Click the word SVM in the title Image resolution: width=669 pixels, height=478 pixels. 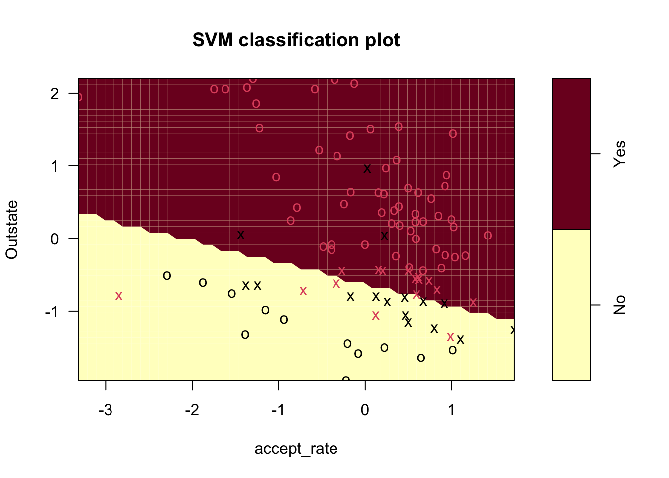click(213, 40)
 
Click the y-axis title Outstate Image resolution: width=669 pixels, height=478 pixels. click(12, 230)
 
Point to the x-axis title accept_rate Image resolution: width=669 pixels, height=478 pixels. click(296, 449)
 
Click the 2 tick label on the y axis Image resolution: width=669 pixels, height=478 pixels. click(55, 93)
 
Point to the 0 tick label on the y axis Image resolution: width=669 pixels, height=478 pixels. click(55, 239)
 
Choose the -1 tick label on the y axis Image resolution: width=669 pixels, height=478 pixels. click(52, 311)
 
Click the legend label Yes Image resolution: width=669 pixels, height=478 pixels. click(619, 154)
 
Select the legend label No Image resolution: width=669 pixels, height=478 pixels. click(619, 305)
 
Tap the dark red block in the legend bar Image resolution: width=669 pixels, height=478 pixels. click(571, 153)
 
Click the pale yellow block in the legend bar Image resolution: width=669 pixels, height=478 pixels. click(571, 305)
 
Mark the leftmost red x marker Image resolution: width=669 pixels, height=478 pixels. click(119, 296)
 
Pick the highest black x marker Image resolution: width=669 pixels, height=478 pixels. click(367, 168)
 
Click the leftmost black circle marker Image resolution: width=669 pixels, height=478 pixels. click(167, 276)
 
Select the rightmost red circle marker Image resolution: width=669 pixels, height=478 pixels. click(488, 236)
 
